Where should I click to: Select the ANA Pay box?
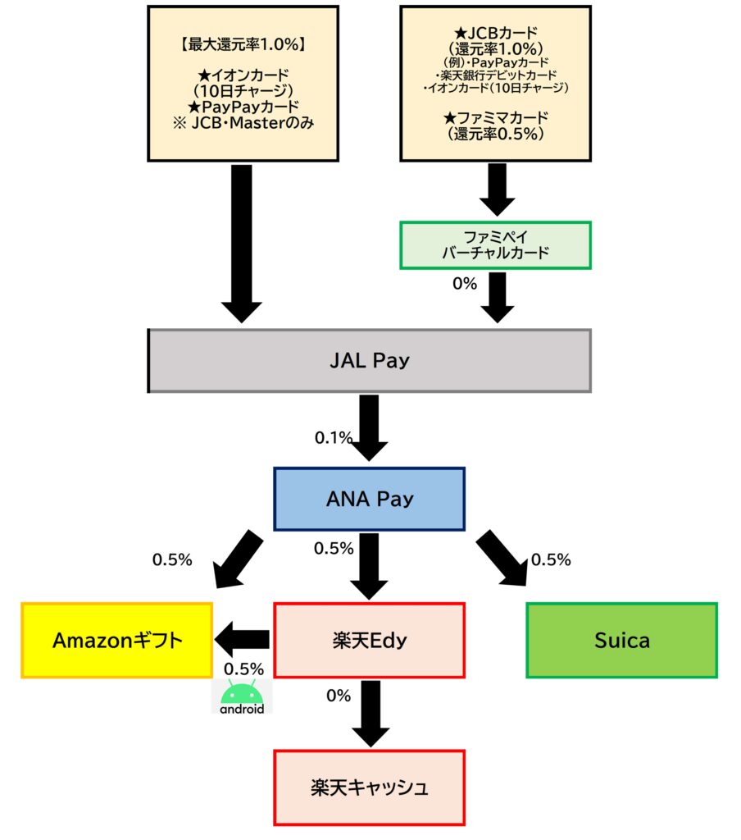[x=369, y=499]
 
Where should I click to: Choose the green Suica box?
[x=621, y=641]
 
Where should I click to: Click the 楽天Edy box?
[x=369, y=641]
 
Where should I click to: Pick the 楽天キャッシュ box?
[x=369, y=787]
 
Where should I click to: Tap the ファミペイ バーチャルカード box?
[x=495, y=245]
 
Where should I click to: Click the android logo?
[x=242, y=697]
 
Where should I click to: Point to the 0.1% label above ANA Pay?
[x=331, y=438]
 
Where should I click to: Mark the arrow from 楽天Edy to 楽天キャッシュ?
[x=370, y=712]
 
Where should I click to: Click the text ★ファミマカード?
[x=495, y=118]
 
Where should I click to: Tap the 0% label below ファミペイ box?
[x=465, y=285]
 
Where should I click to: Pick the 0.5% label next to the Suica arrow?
[x=552, y=559]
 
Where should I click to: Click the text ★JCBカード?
[x=495, y=34]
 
